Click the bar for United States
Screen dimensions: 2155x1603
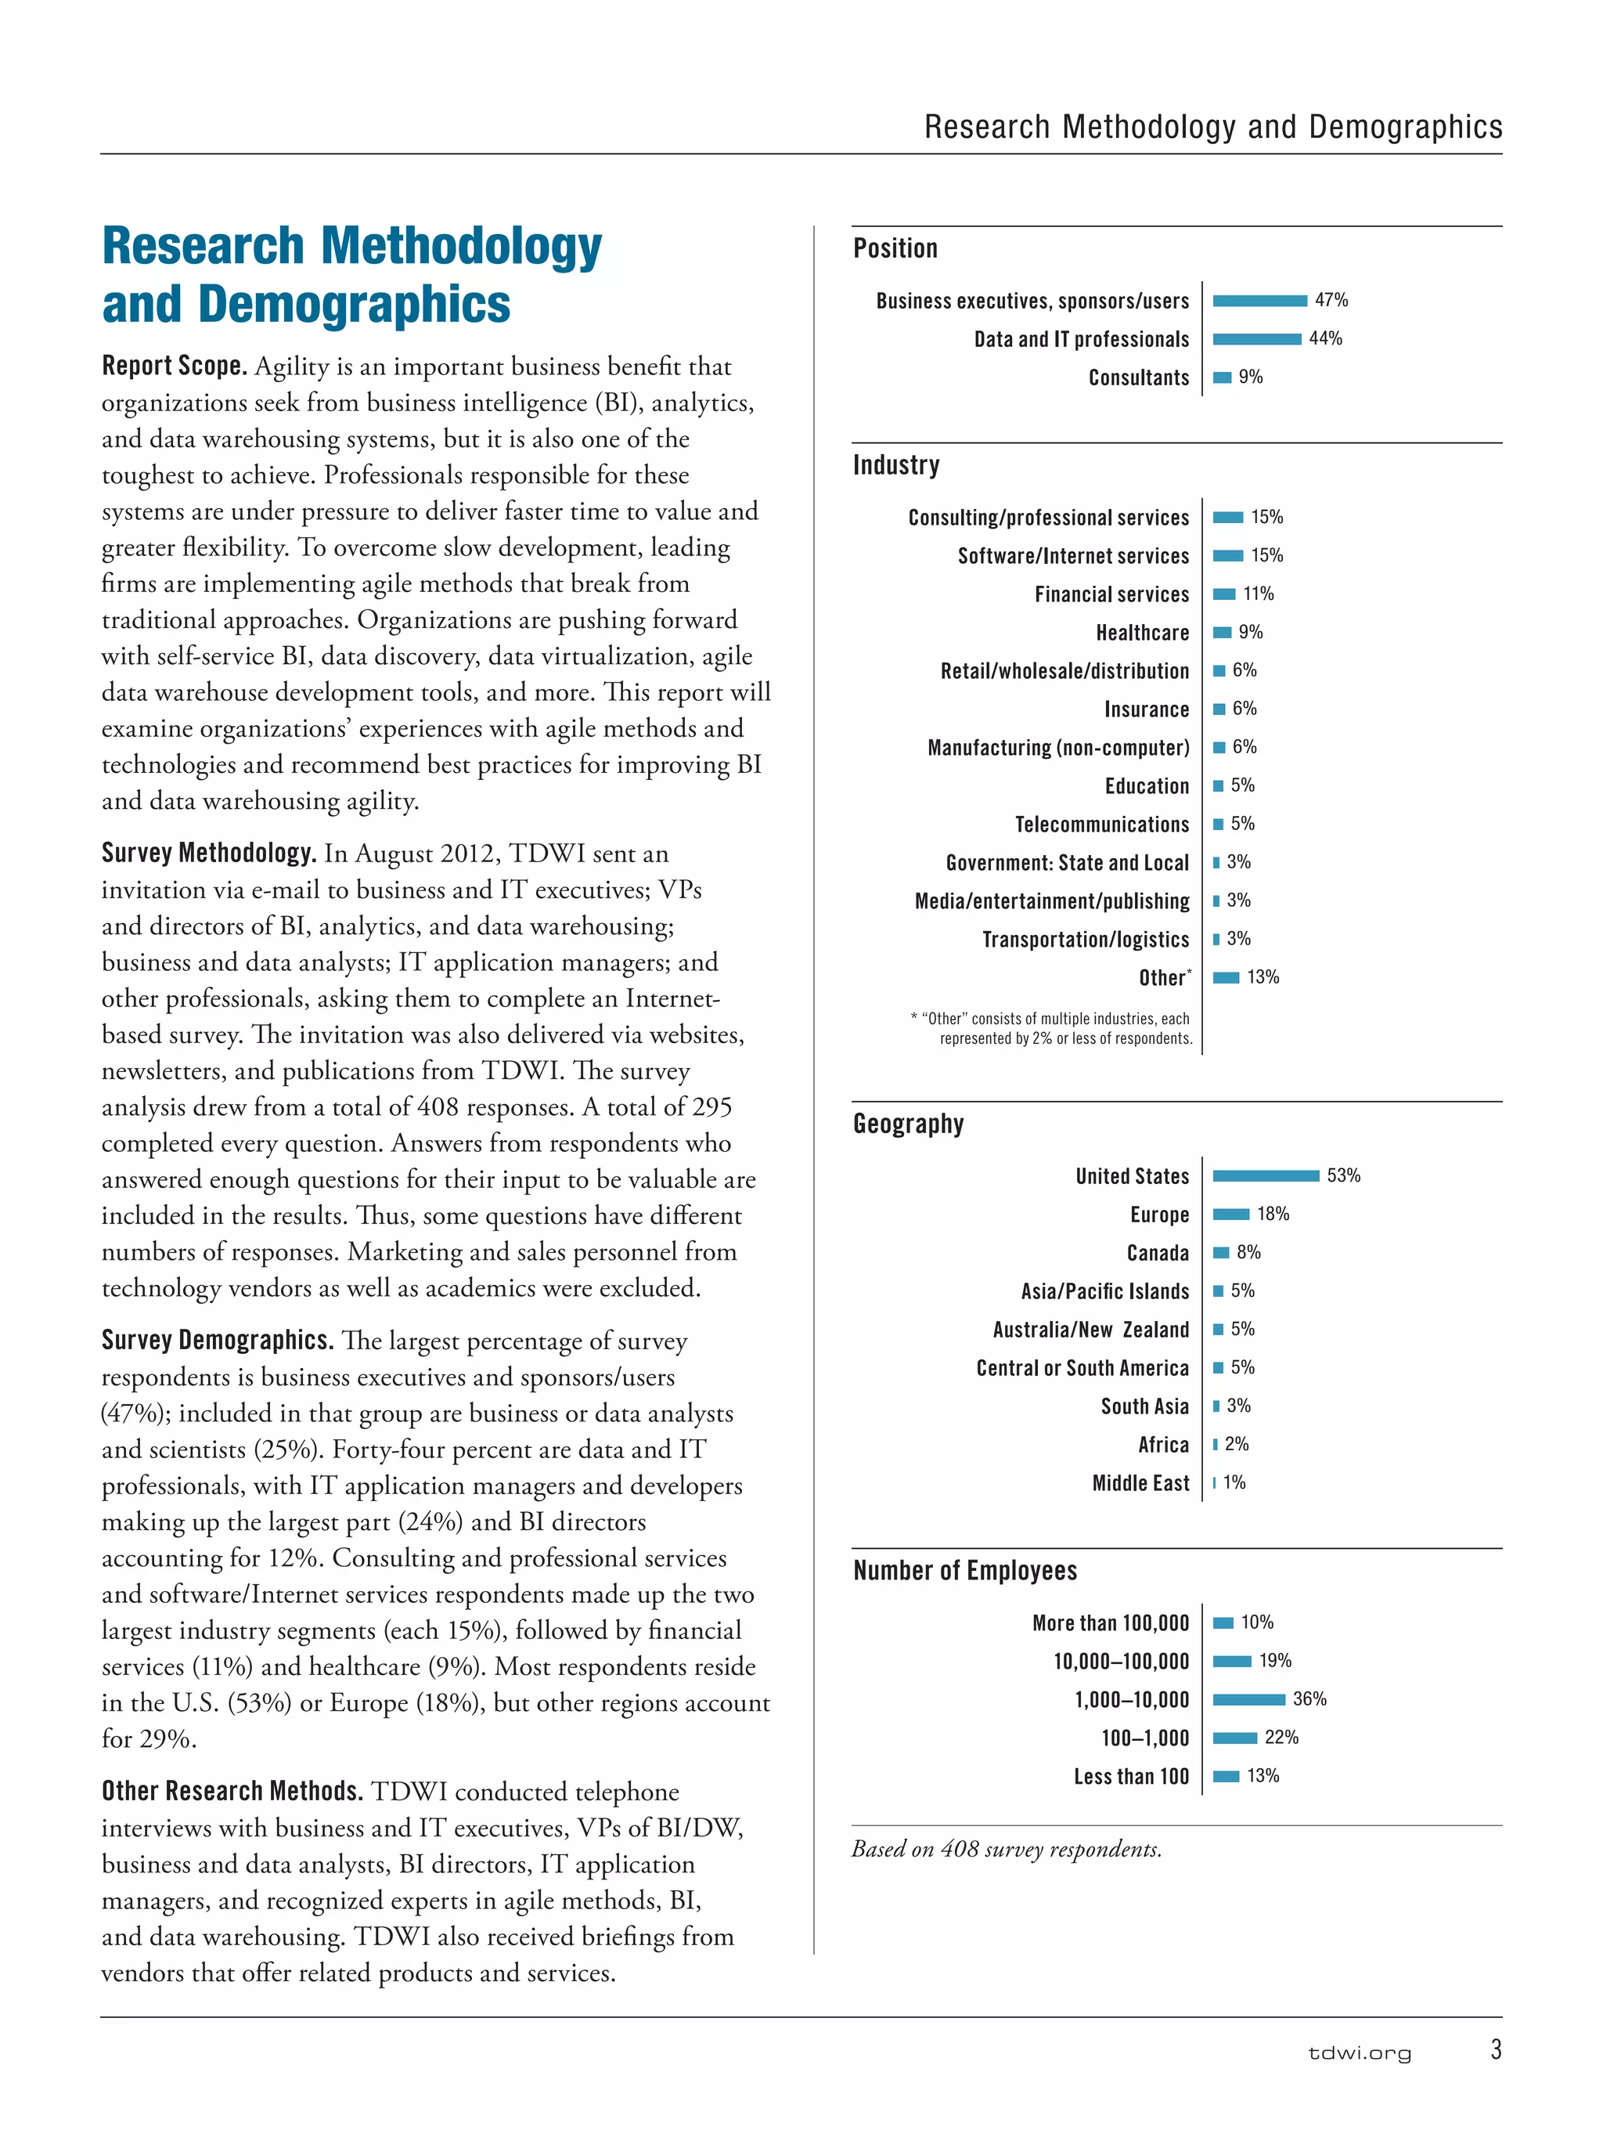click(x=1266, y=1175)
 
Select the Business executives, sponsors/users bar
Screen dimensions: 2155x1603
click(x=1259, y=301)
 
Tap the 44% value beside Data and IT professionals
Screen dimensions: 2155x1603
click(x=1325, y=339)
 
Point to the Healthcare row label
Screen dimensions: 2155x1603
click(x=1142, y=633)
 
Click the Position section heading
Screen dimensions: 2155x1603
click(x=895, y=248)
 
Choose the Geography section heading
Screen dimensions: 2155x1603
click(x=908, y=1124)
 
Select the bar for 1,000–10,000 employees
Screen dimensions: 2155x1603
click(x=1249, y=1700)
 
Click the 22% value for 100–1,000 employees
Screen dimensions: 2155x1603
click(x=1281, y=1738)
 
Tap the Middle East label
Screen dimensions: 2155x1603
click(x=1140, y=1483)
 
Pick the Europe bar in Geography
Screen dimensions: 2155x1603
click(x=1230, y=1215)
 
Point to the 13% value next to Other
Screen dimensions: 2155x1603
click(x=1263, y=977)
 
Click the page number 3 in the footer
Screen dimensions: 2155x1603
click(x=1495, y=2049)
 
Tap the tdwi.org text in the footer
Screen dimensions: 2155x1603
click(x=1360, y=2053)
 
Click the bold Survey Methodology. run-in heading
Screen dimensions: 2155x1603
click(x=209, y=854)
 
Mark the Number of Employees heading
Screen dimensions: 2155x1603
click(x=964, y=1571)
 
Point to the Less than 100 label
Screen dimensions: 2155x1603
click(x=1130, y=1777)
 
